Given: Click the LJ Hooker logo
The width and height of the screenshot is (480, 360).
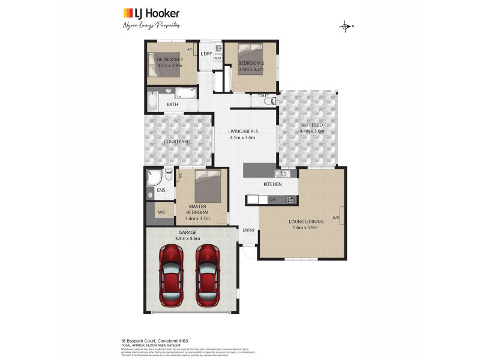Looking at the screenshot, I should (151, 13).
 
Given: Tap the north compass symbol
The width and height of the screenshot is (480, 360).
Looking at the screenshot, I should (346, 26).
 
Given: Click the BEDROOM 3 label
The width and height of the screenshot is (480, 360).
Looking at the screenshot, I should (170, 60).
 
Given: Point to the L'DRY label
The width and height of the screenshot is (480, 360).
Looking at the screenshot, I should (206, 55).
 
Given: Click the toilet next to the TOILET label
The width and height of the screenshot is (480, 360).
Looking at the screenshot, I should (271, 101).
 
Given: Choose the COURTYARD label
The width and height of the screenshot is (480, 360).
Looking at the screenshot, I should (177, 142).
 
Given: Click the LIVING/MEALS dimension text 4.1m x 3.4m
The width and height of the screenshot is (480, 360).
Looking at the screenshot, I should (242, 137).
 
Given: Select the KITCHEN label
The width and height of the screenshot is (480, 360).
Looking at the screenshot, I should (272, 184).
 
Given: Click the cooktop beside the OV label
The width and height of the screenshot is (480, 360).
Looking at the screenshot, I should (290, 199).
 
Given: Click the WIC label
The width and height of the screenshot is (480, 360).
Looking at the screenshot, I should (161, 212).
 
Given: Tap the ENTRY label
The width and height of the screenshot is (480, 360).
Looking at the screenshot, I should (248, 230).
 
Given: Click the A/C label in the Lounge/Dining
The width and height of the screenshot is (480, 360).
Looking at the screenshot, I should (336, 217).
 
